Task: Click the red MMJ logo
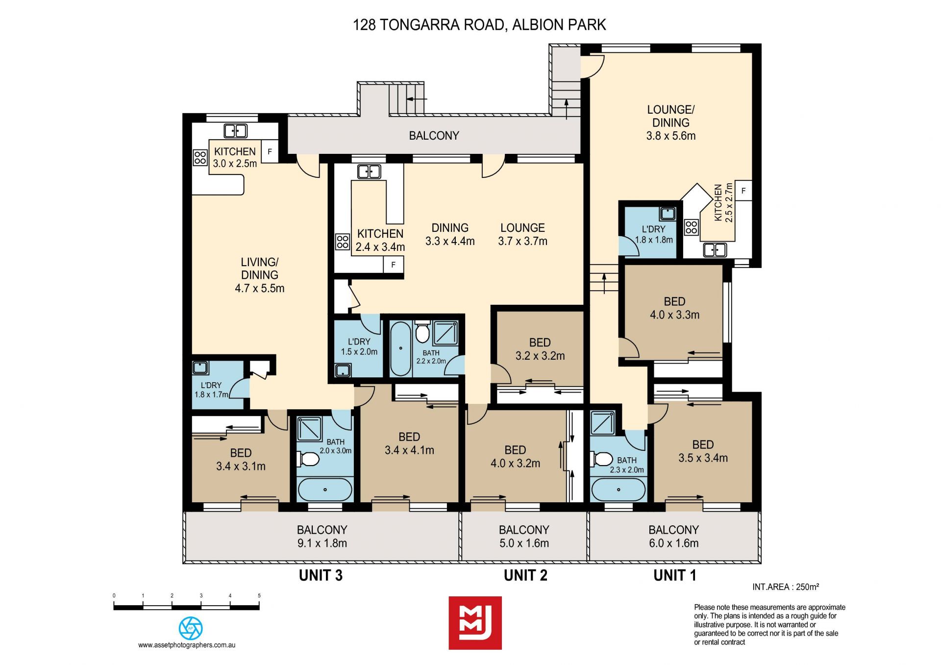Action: tap(475, 623)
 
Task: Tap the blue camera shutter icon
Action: tap(191, 628)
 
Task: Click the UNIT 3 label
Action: tap(321, 575)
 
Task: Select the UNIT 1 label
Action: tap(674, 575)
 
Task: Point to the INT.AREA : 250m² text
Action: tap(786, 587)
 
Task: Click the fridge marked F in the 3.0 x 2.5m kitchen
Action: tap(270, 152)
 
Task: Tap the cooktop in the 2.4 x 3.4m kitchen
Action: tap(343, 242)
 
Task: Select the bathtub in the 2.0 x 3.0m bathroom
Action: tap(325, 489)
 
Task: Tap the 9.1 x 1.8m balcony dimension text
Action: tap(322, 543)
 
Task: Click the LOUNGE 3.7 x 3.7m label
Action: tap(522, 234)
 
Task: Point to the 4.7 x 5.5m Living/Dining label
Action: tap(260, 275)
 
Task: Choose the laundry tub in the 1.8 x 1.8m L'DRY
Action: tap(668, 214)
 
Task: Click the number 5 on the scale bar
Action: tap(259, 596)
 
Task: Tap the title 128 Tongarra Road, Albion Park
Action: tap(479, 25)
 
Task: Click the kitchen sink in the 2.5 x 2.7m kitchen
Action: tap(715, 250)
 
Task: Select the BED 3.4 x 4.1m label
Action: tap(409, 443)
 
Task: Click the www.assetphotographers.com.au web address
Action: tap(187, 645)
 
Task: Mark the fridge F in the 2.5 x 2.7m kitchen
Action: tap(743, 191)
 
